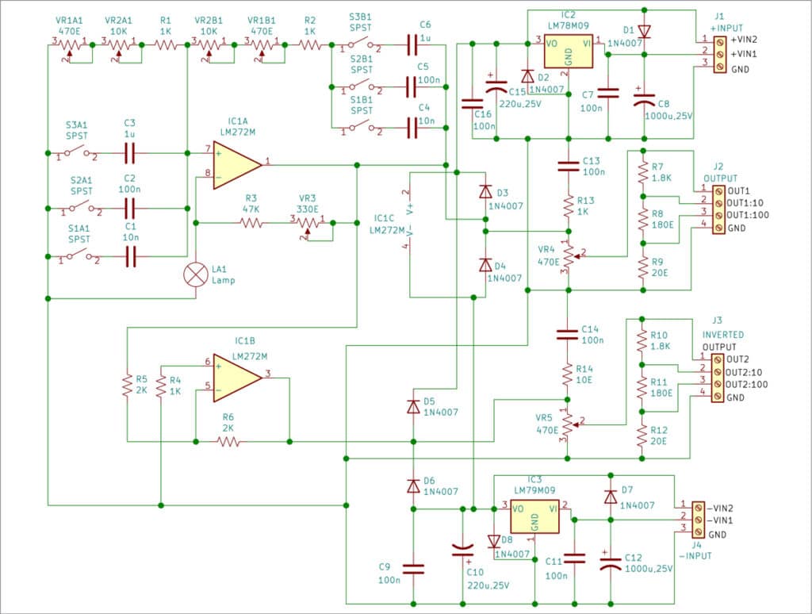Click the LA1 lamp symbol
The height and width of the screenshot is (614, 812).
(196, 274)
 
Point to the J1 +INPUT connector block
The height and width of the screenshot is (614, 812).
(719, 54)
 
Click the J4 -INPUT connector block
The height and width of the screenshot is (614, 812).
(698, 519)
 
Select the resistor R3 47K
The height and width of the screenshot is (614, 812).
(252, 224)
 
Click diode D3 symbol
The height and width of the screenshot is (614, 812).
(485, 192)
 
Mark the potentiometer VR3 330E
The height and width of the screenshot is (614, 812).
(308, 224)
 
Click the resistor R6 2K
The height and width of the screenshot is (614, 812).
(228, 442)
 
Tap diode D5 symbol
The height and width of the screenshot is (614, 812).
(412, 406)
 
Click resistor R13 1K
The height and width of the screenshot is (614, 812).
(568, 206)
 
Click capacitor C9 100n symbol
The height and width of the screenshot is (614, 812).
(412, 568)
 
